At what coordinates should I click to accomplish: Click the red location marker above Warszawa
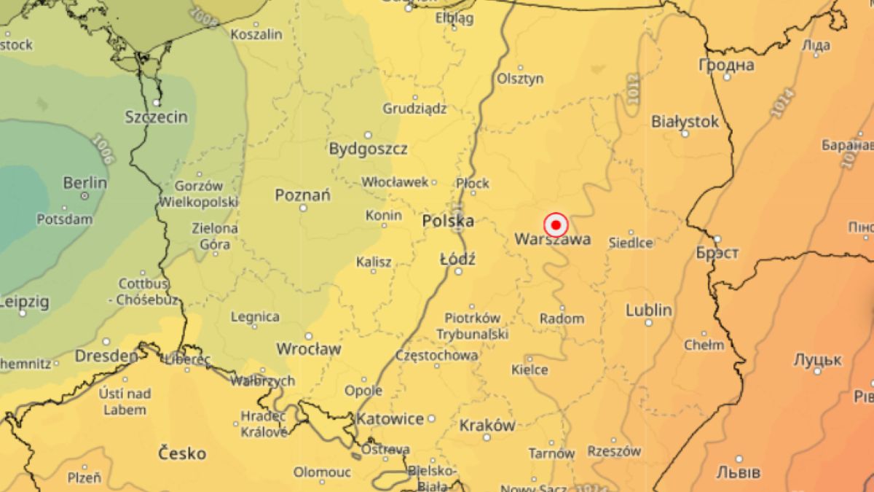click(556, 224)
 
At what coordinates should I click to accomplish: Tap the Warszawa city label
click(552, 240)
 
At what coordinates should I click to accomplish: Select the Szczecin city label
click(156, 117)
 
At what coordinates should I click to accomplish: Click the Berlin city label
click(85, 183)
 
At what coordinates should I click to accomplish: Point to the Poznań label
click(302, 195)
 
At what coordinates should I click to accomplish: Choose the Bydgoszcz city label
click(368, 149)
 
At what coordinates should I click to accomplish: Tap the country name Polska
click(448, 221)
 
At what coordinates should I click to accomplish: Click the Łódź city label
click(458, 259)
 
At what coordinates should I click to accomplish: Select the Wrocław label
click(308, 349)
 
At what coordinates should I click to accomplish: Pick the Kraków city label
click(487, 425)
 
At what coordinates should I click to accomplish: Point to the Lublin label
click(648, 311)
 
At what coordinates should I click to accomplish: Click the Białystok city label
click(685, 121)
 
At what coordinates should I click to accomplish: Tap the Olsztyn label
click(520, 79)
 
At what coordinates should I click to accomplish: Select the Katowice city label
click(390, 419)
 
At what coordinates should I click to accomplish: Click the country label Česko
click(182, 453)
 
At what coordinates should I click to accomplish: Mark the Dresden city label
click(106, 356)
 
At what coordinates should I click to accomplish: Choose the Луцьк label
click(817, 360)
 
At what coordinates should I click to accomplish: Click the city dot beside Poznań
click(303, 208)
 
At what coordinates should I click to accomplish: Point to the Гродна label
click(726, 65)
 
